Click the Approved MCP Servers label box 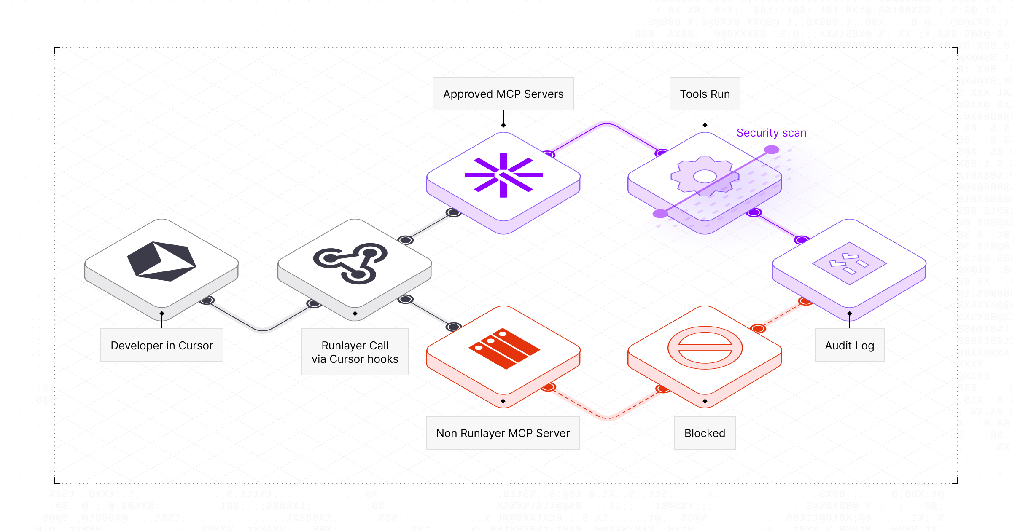click(503, 94)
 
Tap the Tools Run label click(705, 94)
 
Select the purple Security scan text click(771, 133)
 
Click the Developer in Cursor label click(161, 345)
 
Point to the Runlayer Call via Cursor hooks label click(355, 352)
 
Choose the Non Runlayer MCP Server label click(503, 433)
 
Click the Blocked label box click(705, 433)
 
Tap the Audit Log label click(849, 345)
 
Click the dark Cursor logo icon click(161, 261)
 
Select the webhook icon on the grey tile click(350, 263)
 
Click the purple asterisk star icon click(503, 175)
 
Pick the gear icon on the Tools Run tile click(705, 176)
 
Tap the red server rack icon click(504, 348)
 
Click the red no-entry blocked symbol click(705, 348)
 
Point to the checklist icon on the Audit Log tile click(849, 263)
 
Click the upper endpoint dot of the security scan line click(771, 150)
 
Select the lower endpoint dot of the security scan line click(660, 214)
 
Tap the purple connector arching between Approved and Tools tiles click(606, 124)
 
